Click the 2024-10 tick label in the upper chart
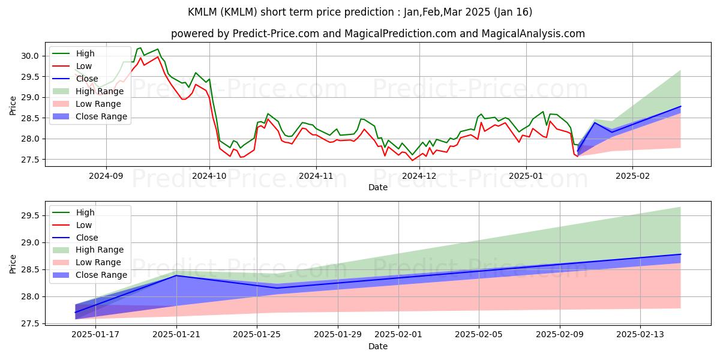209,176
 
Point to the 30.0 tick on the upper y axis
31,56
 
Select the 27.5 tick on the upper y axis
31,160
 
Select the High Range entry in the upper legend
99,91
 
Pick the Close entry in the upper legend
87,79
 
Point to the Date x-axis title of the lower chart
378,347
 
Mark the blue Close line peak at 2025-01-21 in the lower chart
176,275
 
